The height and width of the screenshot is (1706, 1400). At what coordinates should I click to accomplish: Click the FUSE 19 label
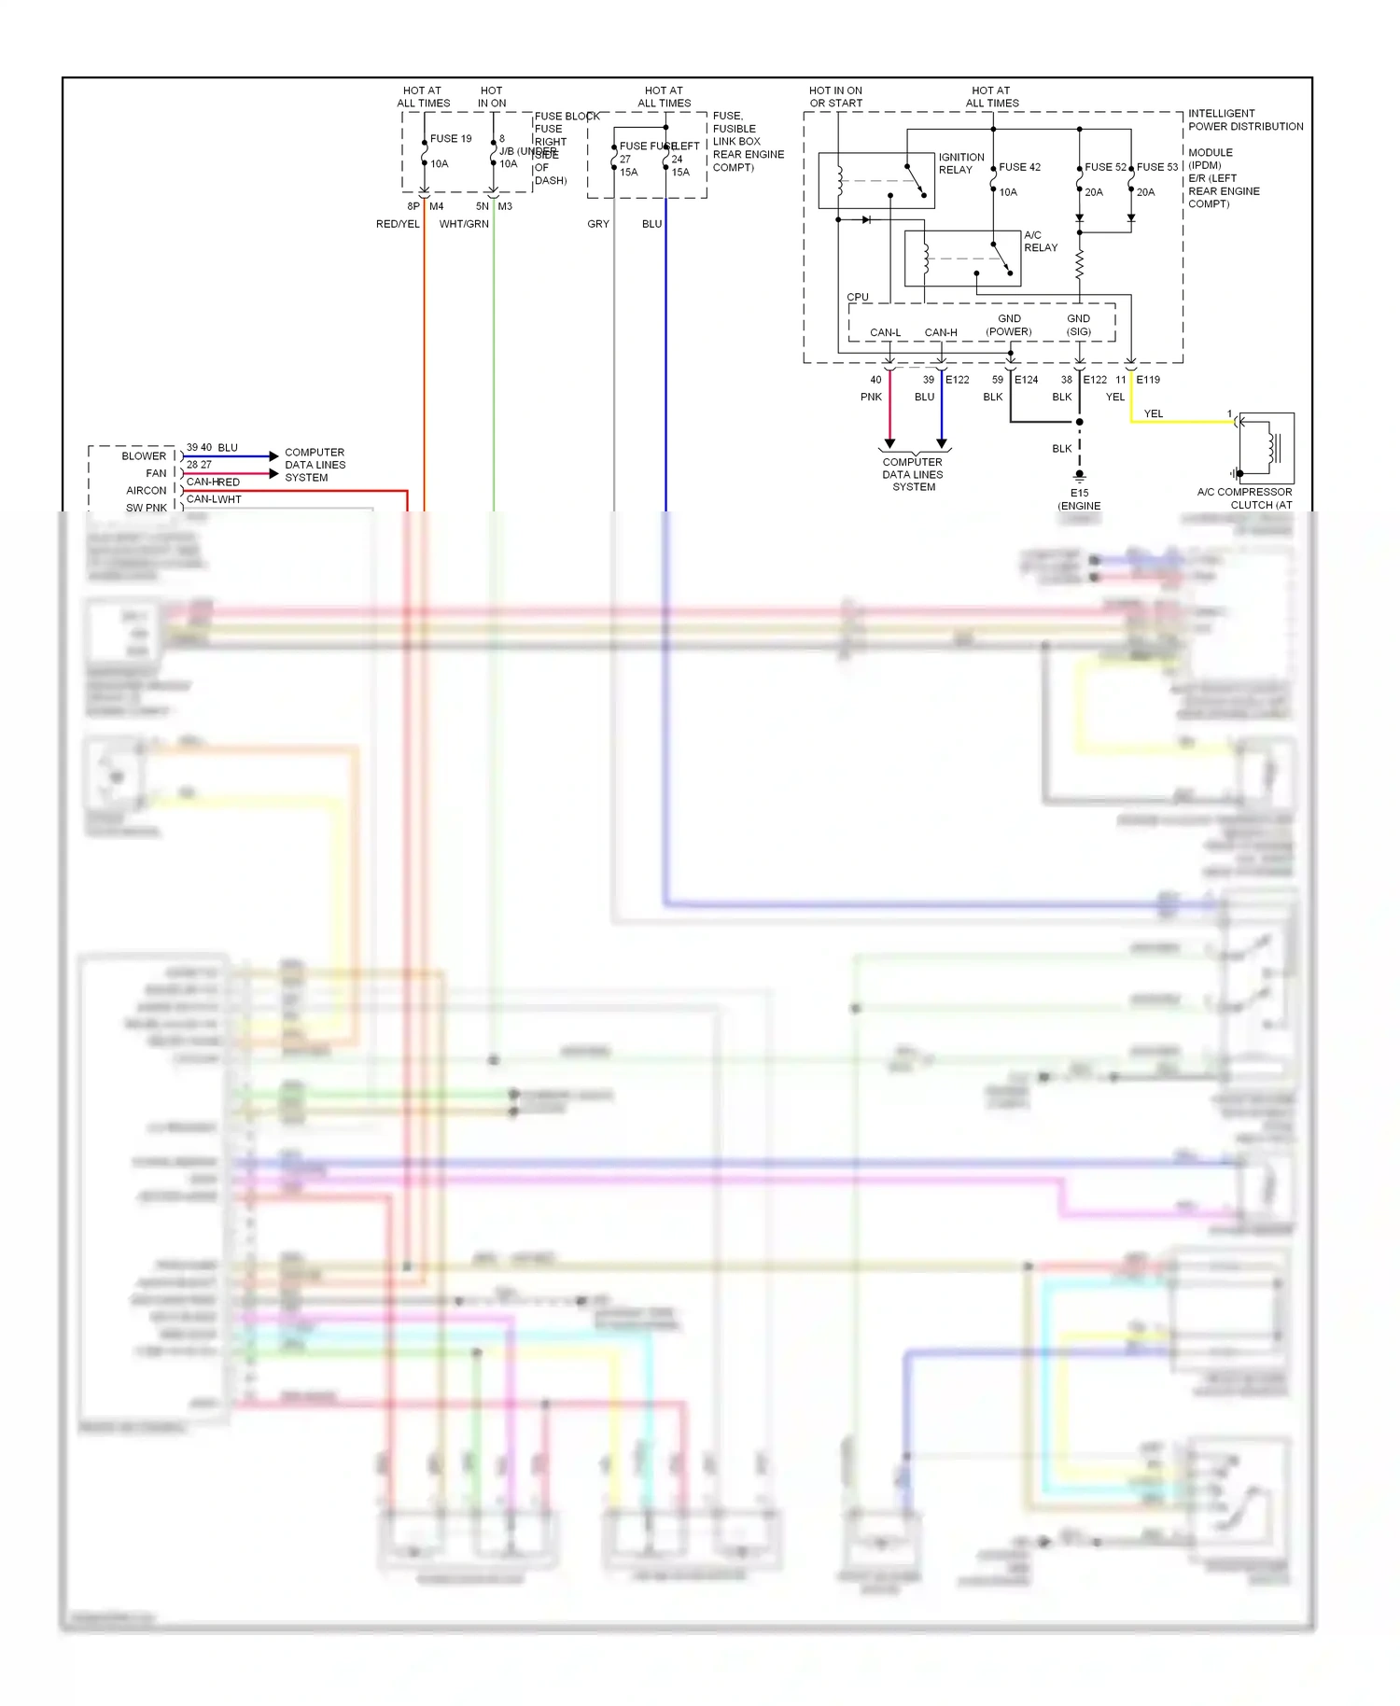point(451,138)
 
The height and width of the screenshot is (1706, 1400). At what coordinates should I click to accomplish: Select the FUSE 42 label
point(1019,167)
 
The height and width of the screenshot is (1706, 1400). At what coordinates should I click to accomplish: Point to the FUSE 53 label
point(1157,167)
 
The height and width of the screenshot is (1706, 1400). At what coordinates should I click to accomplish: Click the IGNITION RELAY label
point(961,163)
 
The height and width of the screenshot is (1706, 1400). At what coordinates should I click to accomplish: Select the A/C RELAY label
point(1041,241)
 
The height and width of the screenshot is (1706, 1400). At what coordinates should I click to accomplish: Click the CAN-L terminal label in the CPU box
point(885,332)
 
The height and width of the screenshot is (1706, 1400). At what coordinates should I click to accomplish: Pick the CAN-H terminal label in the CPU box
point(941,332)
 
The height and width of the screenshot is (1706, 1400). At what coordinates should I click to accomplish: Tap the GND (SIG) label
point(1079,325)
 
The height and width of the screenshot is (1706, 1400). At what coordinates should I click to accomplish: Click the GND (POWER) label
point(1009,325)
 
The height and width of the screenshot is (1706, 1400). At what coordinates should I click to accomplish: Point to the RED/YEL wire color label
point(398,224)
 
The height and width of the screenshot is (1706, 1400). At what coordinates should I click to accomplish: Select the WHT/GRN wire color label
point(464,224)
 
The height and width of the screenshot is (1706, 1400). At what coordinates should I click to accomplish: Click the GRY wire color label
point(598,224)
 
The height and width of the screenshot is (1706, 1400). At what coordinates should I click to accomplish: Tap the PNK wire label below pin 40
point(871,397)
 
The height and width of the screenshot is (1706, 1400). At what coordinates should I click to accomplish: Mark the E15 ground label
point(1079,493)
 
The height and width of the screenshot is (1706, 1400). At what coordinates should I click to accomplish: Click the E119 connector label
point(1148,380)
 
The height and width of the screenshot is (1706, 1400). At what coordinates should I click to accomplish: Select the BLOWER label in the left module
point(144,456)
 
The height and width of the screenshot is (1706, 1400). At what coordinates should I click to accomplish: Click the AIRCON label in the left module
point(147,491)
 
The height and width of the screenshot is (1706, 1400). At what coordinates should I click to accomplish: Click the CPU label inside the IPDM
point(858,297)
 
